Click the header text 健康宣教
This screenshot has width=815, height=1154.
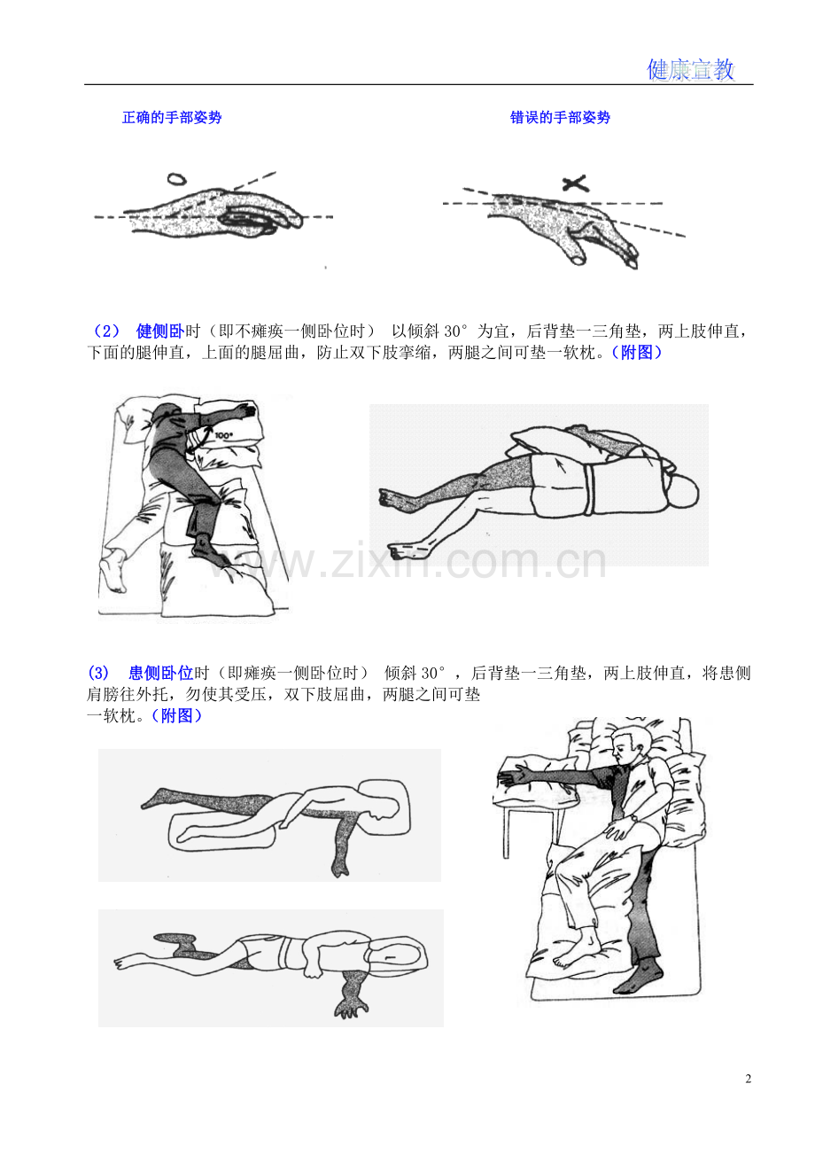coord(690,69)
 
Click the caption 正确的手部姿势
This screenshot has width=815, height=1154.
coord(172,118)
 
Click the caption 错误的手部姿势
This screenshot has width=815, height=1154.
coord(560,118)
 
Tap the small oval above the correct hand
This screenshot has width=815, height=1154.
coord(176,179)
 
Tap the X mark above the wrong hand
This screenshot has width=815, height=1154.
coord(575,183)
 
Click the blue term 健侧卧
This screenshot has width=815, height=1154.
coord(160,331)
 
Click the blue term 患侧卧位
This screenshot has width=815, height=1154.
coord(161,673)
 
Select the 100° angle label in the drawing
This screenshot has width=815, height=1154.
coord(223,435)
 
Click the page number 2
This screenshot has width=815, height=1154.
coord(748,1079)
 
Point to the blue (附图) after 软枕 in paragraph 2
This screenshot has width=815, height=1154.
coord(636,353)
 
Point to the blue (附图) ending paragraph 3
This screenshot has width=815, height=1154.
coord(176,715)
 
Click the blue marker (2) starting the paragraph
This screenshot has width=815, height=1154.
coord(106,331)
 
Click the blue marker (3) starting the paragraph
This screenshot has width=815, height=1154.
coord(98,673)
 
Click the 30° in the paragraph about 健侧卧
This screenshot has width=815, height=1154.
coord(456,331)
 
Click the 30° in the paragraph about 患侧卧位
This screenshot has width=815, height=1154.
coord(432,673)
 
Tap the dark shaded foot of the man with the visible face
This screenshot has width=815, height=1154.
coord(639,978)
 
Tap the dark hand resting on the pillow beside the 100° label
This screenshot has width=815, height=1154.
coord(245,410)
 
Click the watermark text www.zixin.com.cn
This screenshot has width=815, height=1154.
coord(407,560)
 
